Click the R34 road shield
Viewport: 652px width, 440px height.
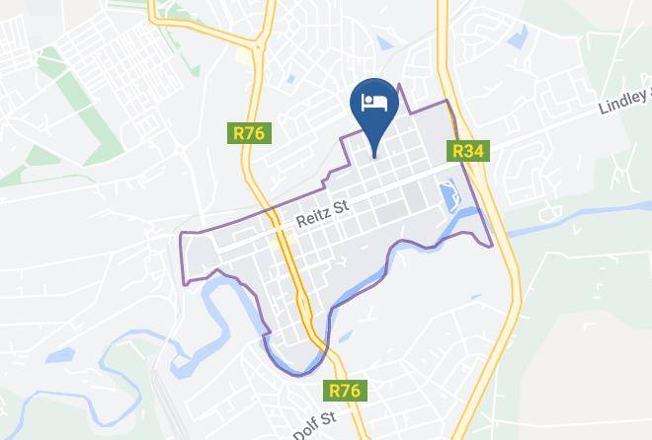(467, 151)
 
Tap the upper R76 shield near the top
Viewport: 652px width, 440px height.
(250, 132)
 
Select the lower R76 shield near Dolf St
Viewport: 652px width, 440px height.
(345, 391)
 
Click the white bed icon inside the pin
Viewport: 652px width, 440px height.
(374, 102)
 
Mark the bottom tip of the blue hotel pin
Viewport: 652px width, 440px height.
(374, 156)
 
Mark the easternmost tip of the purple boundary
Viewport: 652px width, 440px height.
(491, 245)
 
